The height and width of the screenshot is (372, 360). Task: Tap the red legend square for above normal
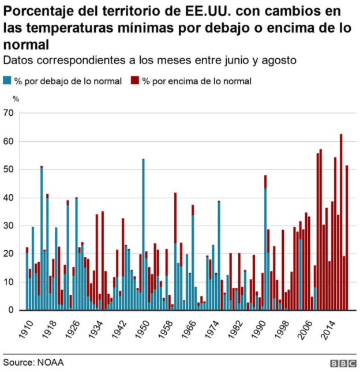point(134,81)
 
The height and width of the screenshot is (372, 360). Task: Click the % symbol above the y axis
point(16,99)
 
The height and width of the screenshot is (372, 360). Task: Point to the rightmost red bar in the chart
point(347,236)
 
